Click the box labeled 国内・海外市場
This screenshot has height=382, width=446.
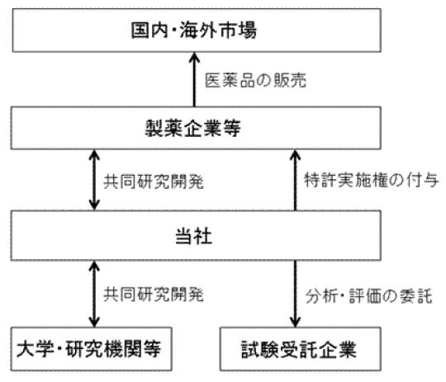(197, 31)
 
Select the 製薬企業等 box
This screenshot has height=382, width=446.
(196, 128)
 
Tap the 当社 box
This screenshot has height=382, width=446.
(196, 235)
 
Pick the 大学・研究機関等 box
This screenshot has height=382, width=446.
(92, 349)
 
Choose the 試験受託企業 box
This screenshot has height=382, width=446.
(301, 349)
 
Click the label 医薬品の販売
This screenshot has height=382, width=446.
(255, 80)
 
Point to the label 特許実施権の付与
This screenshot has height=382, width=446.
(371, 180)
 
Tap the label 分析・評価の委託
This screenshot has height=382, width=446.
(369, 296)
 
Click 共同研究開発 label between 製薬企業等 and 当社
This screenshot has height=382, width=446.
(154, 182)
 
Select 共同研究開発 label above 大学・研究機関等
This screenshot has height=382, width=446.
(154, 295)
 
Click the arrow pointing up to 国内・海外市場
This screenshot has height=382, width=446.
(195, 79)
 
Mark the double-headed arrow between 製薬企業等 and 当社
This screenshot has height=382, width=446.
(94, 180)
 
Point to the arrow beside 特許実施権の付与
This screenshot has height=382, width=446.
(295, 180)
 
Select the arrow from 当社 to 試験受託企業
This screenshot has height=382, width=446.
(295, 294)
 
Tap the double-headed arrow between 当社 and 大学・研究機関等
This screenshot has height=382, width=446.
(94, 294)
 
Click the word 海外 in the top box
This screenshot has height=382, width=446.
(199, 31)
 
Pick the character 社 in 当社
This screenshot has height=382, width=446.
(203, 236)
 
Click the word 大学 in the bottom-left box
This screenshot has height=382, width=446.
(36, 349)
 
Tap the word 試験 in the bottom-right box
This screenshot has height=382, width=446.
(260, 349)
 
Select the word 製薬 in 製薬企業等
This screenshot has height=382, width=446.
(164, 128)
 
